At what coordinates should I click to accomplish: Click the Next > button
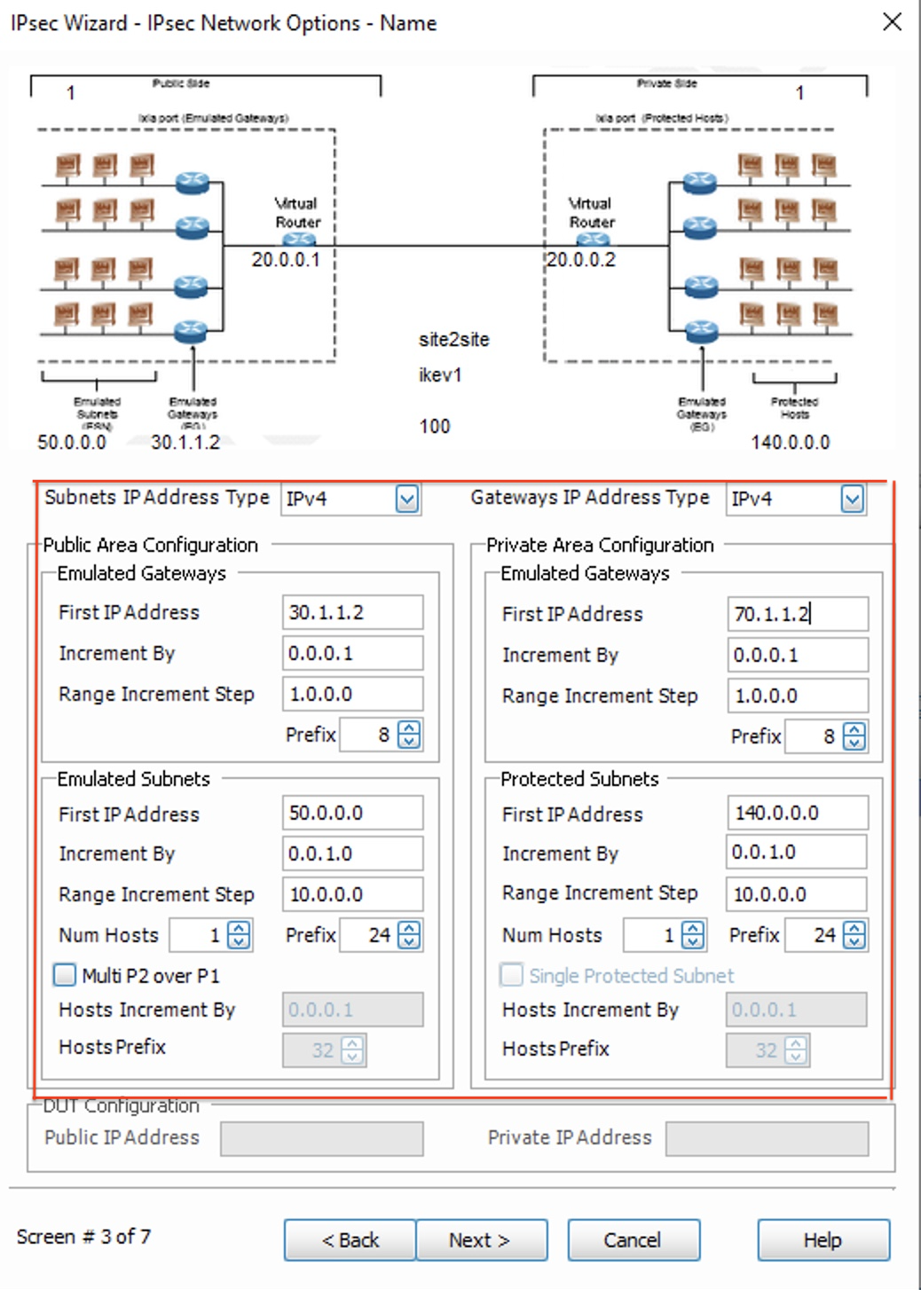coord(481,1239)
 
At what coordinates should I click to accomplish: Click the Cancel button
coord(633,1239)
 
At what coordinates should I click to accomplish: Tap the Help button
coord(823,1239)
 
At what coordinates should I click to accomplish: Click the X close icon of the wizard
coord(893,22)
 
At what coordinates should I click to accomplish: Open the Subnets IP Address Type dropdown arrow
coord(407,499)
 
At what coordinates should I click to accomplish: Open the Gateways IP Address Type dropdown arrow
coord(852,499)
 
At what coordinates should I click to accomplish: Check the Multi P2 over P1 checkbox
coord(65,975)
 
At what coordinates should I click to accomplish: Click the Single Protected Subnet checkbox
coord(511,975)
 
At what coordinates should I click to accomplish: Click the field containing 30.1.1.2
coord(352,612)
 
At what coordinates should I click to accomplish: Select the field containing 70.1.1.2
coord(797,614)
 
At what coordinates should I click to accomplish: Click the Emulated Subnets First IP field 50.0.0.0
coord(352,813)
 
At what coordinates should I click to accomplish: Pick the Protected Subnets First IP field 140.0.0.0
coord(797,813)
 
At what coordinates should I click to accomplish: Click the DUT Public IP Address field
coord(321,1138)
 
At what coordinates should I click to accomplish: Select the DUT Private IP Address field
coord(767,1138)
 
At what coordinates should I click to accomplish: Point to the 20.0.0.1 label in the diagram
coord(286,260)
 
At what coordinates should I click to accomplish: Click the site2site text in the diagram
coord(453,340)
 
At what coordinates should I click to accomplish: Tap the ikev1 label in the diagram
coord(440,375)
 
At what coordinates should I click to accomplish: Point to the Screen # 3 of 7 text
coord(83,1237)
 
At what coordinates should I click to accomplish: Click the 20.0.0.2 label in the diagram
coord(581,260)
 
